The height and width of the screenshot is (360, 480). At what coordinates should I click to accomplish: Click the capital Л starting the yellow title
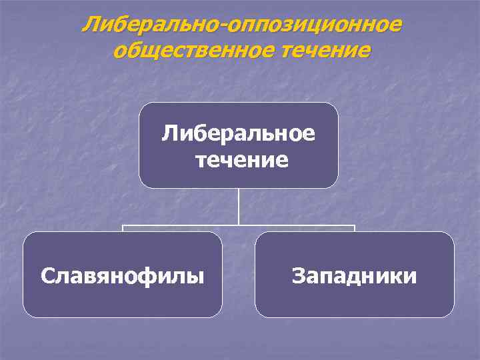point(89,25)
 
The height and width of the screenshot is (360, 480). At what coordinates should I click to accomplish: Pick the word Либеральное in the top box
point(239,133)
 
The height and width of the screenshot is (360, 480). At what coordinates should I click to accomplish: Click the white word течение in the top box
point(239,160)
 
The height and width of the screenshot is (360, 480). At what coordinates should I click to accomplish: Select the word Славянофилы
point(122,275)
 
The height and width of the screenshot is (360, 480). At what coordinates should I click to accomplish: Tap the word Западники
point(354,275)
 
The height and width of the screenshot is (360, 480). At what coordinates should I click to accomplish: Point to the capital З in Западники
point(297,275)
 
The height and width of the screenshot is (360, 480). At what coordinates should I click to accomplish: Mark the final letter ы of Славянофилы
point(196,276)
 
